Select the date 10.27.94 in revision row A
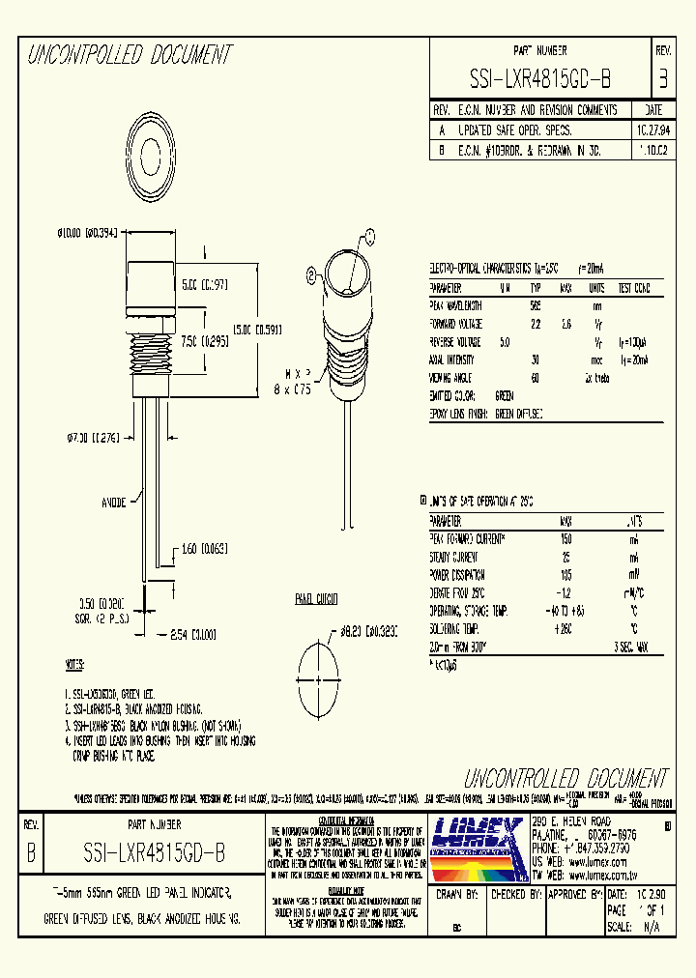tap(652, 129)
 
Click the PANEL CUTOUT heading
tap(316, 600)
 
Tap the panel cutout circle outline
tap(316, 669)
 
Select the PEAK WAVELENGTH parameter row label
tap(455, 304)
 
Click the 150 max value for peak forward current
tap(565, 537)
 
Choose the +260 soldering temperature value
tap(565, 630)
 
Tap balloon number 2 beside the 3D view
tap(311, 274)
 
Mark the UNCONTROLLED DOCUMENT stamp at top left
tap(130, 55)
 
